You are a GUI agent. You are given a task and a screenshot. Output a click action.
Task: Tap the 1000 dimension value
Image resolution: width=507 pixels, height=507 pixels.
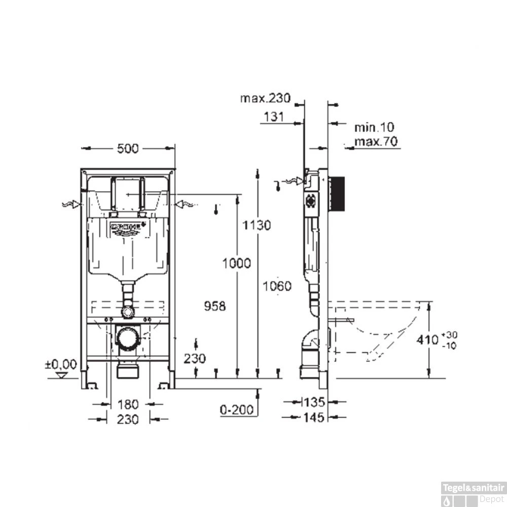coord(236,263)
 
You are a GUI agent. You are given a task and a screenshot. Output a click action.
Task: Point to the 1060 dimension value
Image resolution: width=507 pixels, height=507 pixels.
coord(277,286)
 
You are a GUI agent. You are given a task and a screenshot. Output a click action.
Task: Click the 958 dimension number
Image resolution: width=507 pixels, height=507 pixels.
coord(214,306)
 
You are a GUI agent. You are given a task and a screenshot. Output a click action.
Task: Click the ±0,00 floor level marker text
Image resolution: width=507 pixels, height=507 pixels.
coord(60,364)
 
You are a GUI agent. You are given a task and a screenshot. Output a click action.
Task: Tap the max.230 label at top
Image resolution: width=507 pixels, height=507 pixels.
coord(265,98)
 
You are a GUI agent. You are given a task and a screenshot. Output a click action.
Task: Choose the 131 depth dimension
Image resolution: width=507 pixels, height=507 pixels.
coord(273,117)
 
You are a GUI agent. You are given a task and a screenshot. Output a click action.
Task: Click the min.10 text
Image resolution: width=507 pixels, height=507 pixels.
coord(374,127)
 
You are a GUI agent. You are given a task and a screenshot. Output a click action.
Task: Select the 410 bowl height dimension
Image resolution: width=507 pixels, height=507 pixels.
coord(427,340)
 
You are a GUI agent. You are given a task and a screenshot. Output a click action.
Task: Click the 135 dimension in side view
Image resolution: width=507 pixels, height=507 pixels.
coord(314,403)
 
